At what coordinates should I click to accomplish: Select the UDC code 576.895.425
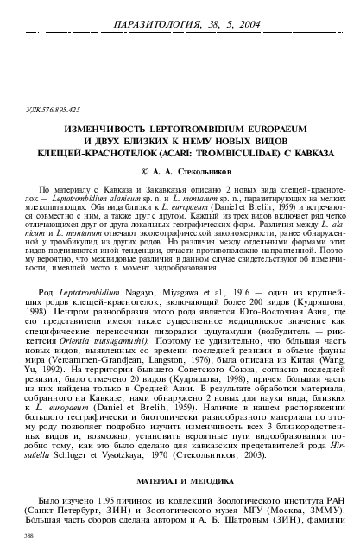click(60, 111)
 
